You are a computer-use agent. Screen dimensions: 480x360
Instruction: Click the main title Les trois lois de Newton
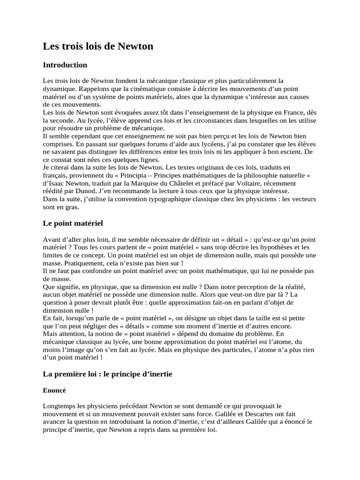[x=98, y=46]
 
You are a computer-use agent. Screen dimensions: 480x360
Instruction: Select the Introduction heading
[x=65, y=65]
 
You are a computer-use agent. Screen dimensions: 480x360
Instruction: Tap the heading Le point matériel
[x=73, y=223]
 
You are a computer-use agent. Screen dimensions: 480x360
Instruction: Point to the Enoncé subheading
[x=54, y=390]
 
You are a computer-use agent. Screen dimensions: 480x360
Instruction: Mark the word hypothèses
[x=266, y=247]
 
